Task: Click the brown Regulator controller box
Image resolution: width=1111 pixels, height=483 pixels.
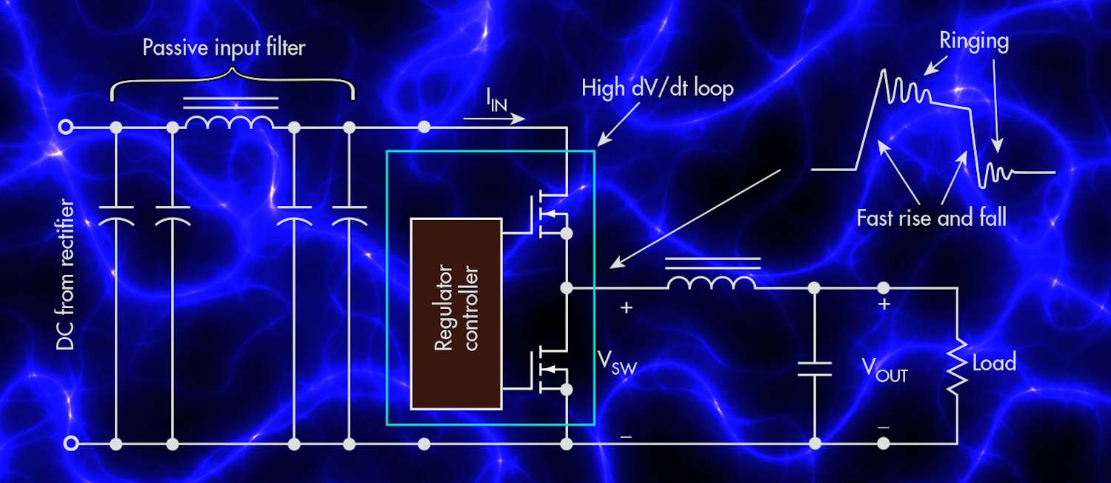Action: coord(456,313)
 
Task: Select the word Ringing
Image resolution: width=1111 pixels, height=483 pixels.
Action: coord(974,40)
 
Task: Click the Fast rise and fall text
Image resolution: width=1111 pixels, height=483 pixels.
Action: coord(931,218)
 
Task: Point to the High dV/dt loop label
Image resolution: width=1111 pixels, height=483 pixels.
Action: coord(657,89)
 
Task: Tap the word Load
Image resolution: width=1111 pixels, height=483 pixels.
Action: coord(994,363)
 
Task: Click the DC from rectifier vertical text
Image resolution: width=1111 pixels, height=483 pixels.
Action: coord(64,275)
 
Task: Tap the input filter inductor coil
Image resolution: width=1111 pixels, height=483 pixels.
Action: coord(229,121)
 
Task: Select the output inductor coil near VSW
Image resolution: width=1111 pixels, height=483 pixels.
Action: coord(711,281)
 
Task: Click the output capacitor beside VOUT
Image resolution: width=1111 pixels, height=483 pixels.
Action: coord(815,368)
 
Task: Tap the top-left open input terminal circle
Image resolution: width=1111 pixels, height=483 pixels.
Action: coord(67,127)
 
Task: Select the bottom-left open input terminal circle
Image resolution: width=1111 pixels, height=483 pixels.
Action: coord(71,444)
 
